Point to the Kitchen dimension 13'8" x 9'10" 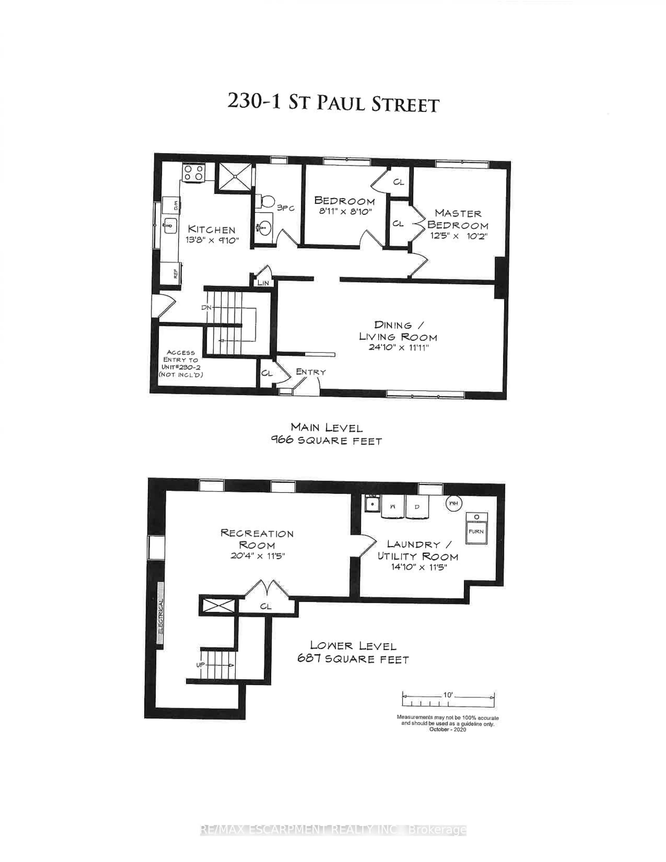212,240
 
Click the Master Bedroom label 458,219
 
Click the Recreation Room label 257,539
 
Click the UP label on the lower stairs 200,665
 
